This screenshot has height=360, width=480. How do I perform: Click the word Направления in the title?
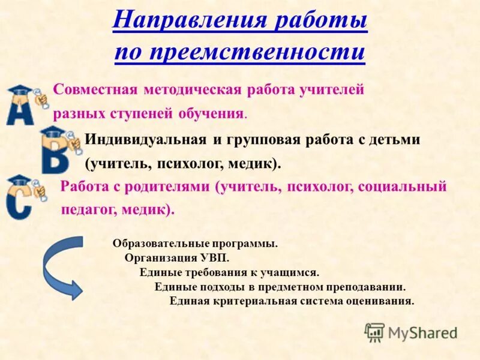tap(189, 22)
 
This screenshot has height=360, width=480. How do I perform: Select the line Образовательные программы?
tap(195, 244)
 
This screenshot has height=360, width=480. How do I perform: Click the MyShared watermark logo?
tap(411, 332)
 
